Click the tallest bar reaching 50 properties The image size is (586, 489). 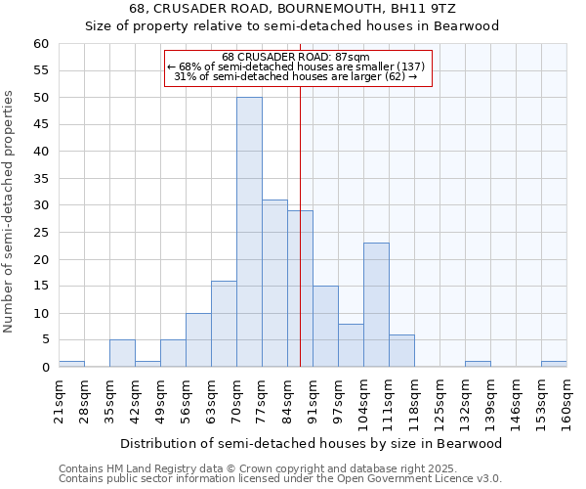pyautogui.click(x=249, y=232)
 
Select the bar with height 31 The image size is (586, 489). pyautogui.click(x=274, y=284)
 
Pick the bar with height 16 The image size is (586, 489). pyautogui.click(x=224, y=324)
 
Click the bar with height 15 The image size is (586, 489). pyautogui.click(x=325, y=327)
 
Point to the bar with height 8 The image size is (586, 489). pyautogui.click(x=351, y=345)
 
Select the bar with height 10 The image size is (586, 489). pyautogui.click(x=198, y=340)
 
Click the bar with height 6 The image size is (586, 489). pyautogui.click(x=401, y=351)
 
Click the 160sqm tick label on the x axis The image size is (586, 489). pyautogui.click(x=566, y=401)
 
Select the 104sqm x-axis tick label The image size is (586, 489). pyautogui.click(x=364, y=401)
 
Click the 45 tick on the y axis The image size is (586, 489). pyautogui.click(x=41, y=124)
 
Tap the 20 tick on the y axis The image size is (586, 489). pyautogui.click(x=41, y=259)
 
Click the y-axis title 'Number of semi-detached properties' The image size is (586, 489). pyautogui.click(x=10, y=211)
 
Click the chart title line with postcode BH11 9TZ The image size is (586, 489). pyautogui.click(x=292, y=9)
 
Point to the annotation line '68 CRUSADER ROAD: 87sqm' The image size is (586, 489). pyautogui.click(x=296, y=57)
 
